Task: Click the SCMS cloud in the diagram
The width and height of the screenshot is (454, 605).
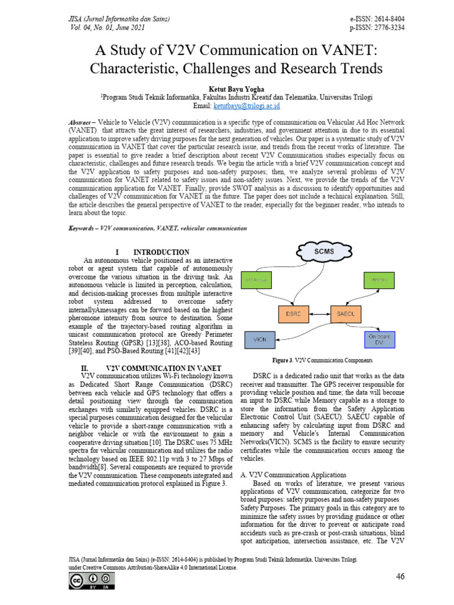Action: [325, 252]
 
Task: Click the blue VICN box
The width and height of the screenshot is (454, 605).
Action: [260, 340]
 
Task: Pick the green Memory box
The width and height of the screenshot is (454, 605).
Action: [378, 278]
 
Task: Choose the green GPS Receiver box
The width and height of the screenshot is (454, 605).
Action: [261, 278]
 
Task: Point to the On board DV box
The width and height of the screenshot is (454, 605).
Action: [378, 339]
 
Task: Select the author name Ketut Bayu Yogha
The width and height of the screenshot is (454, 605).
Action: [226, 89]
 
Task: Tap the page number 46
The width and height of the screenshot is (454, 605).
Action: [400, 577]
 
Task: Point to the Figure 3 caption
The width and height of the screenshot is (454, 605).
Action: [323, 360]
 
